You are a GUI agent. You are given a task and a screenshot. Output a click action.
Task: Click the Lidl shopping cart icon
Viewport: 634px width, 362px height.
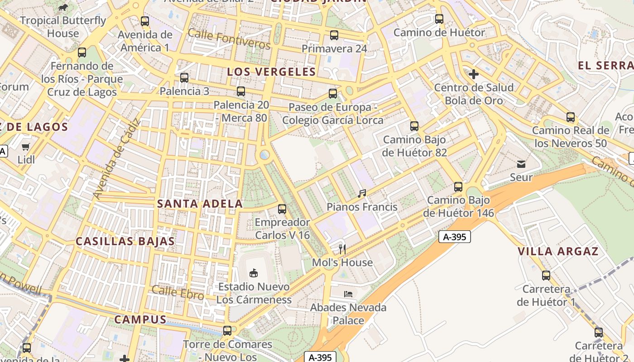26,147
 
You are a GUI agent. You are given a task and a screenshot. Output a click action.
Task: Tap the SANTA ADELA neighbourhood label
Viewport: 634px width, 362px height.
200,204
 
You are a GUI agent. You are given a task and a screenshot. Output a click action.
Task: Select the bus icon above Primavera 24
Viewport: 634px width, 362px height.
334,35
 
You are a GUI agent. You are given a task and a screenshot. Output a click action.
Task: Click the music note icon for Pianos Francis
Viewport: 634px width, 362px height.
361,194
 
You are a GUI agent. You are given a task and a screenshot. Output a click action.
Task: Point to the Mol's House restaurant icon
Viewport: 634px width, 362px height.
342,249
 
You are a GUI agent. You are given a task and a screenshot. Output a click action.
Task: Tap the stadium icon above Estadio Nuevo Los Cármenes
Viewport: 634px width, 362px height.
254,273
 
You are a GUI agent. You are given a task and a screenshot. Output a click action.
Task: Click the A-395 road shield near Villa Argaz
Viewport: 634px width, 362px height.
455,236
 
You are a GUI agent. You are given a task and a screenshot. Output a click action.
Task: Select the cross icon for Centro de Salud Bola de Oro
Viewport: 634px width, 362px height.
474,74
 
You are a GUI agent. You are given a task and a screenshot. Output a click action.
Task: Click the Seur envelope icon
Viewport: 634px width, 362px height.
521,164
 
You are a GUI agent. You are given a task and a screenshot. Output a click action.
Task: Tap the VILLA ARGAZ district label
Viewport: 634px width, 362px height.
558,252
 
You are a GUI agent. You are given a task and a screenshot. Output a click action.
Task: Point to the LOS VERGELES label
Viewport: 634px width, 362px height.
271,71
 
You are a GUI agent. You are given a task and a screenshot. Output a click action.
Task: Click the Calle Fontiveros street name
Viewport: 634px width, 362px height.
229,38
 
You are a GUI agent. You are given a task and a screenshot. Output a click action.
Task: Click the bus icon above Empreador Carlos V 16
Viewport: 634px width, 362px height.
282,209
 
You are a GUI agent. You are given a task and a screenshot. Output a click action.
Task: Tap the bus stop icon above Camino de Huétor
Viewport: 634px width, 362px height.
439,19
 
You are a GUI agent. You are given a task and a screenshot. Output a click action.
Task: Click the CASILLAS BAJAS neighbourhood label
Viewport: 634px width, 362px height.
125,241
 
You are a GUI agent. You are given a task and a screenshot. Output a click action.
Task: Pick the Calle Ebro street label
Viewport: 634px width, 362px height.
178,292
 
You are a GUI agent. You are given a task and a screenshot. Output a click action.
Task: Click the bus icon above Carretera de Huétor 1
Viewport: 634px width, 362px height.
546,275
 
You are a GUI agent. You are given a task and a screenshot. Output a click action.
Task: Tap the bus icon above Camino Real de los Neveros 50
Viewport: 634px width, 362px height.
571,117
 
